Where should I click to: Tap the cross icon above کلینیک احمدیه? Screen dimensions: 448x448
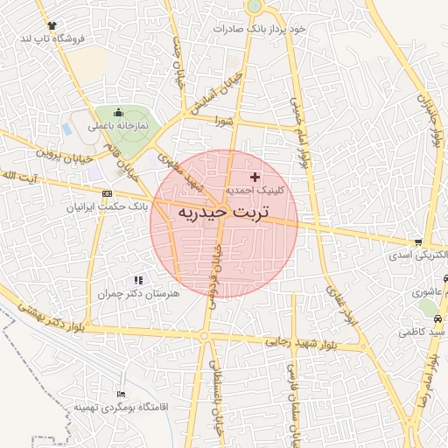pyautogui.click(x=255, y=177)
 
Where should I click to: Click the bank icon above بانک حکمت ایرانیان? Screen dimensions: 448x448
pyautogui.click(x=107, y=193)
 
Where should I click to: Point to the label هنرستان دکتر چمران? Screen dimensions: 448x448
pyautogui.click(x=141, y=294)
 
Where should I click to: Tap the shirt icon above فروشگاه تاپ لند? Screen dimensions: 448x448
pyautogui.click(x=52, y=25)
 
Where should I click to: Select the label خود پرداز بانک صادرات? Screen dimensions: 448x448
pyautogui.click(x=260, y=29)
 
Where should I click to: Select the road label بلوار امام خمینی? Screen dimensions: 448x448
pyautogui.click(x=299, y=140)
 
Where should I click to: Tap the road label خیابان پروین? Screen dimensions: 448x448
pyautogui.click(x=63, y=156)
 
